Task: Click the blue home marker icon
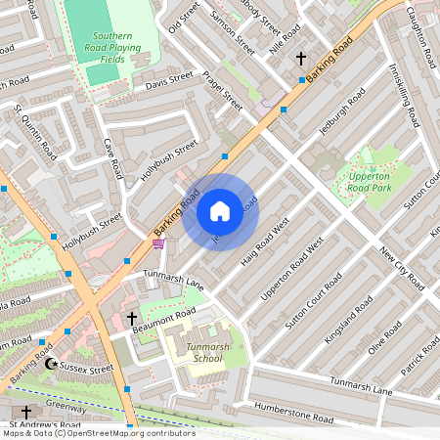(x=220, y=211)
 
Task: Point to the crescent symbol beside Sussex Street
(x=51, y=364)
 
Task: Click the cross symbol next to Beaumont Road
(x=132, y=319)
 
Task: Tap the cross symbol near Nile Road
(x=301, y=58)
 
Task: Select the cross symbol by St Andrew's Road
(x=26, y=413)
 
